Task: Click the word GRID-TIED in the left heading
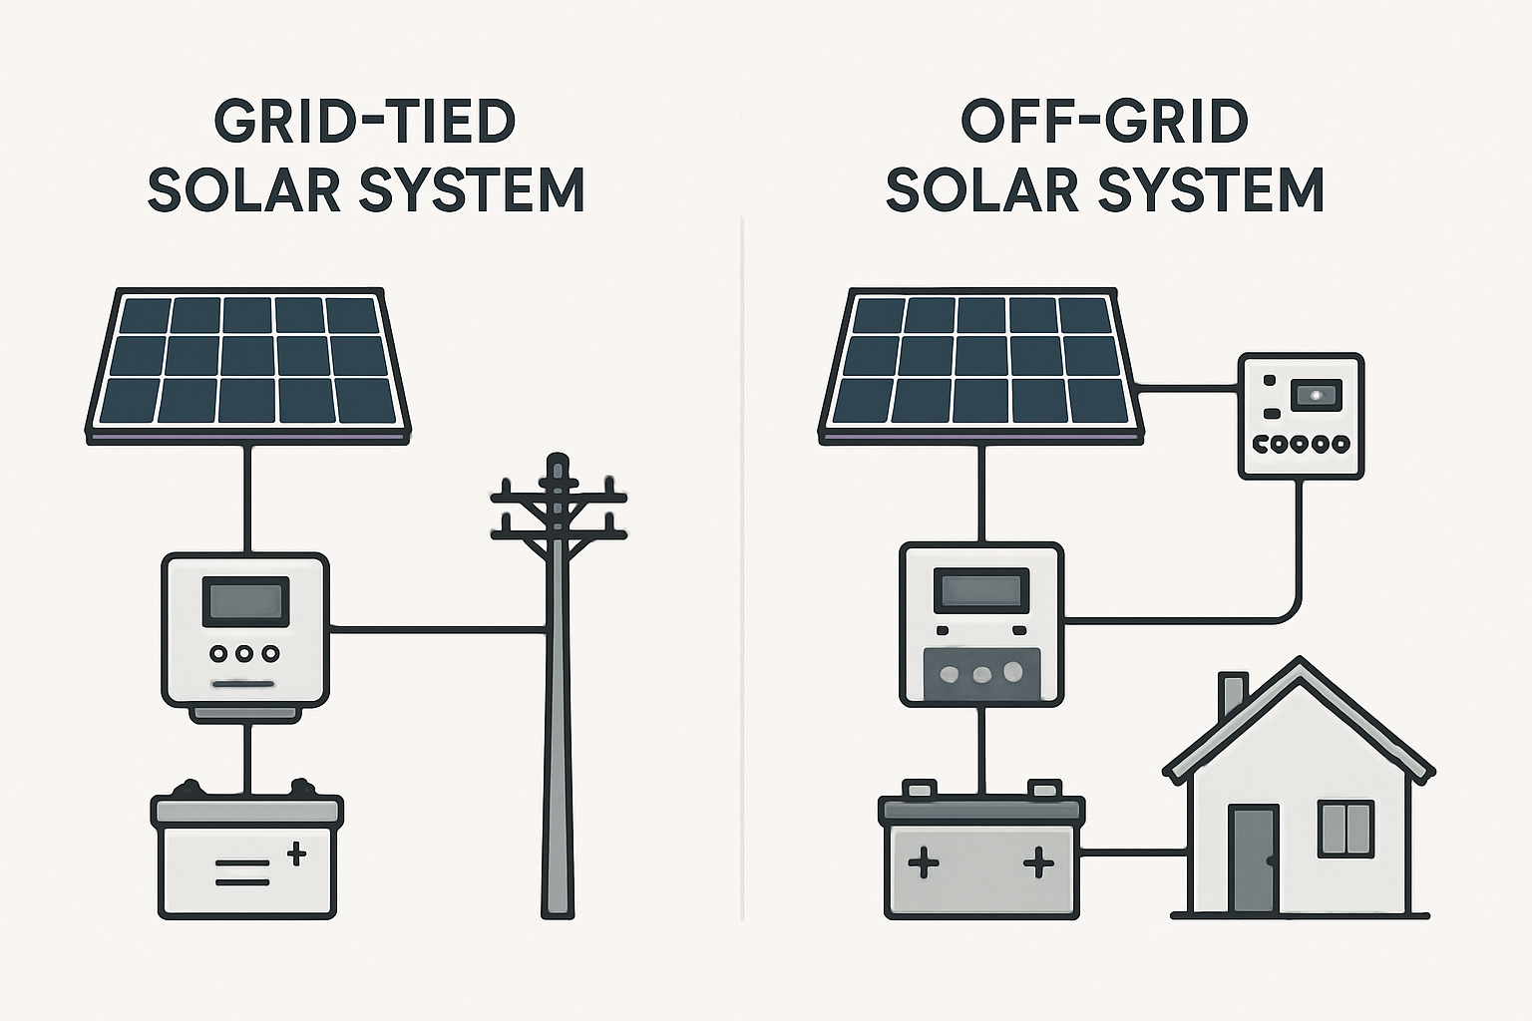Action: point(365,122)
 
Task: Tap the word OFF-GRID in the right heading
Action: point(1104,122)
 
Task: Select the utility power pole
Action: point(559,698)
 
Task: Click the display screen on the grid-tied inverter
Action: point(246,602)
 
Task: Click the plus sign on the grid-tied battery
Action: point(296,853)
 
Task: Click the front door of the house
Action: point(1253,859)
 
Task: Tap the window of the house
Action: point(1345,829)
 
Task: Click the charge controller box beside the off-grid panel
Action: point(1301,416)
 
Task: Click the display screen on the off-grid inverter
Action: point(981,590)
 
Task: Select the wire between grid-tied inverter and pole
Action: point(437,629)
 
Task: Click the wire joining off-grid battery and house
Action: point(1133,852)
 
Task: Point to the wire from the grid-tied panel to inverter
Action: point(247,499)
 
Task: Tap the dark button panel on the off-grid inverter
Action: point(981,675)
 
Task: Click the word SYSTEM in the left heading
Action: point(471,189)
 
